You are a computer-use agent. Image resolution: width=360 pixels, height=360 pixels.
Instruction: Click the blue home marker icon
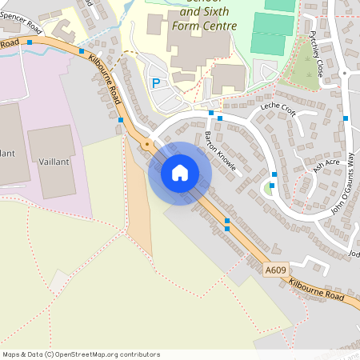(x=180, y=172)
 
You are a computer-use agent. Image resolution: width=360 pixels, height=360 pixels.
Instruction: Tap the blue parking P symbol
(x=156, y=82)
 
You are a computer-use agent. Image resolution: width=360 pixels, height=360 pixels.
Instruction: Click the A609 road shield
(x=276, y=270)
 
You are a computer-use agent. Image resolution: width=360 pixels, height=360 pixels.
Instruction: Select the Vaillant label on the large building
(x=54, y=162)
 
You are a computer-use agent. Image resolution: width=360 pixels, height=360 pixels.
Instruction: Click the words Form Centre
(x=205, y=26)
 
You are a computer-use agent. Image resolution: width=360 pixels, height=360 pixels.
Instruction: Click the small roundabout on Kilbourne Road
(x=146, y=145)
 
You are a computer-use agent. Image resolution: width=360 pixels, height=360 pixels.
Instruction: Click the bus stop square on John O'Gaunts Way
(x=346, y=119)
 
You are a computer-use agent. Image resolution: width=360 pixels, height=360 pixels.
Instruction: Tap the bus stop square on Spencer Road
(x=30, y=42)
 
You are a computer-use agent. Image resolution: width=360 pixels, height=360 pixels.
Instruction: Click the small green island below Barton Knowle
(x=266, y=189)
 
